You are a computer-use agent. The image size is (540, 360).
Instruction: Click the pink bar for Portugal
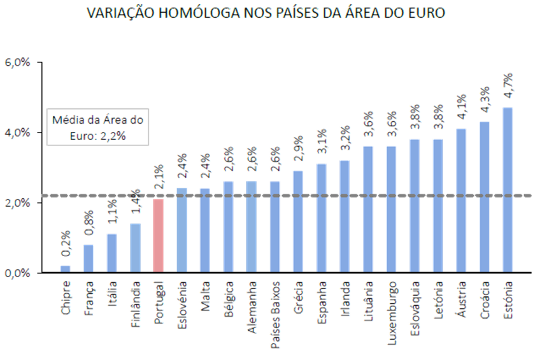point(159,235)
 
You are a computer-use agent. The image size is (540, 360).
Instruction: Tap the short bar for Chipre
point(65,268)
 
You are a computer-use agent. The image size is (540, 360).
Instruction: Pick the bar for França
point(89,257)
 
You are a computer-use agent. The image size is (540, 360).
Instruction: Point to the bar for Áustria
point(461,200)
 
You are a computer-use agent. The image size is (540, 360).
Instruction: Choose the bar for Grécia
point(298,221)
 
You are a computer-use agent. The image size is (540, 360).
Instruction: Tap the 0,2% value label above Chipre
point(65,246)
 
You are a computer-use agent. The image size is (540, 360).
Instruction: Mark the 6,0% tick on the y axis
point(18,62)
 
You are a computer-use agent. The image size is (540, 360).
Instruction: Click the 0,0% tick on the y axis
point(18,273)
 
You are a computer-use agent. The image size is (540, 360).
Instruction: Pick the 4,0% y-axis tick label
point(18,133)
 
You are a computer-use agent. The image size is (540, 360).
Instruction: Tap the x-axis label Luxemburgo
point(391,313)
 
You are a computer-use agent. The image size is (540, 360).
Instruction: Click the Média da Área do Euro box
point(97,127)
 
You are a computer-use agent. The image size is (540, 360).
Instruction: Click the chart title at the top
point(266,13)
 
